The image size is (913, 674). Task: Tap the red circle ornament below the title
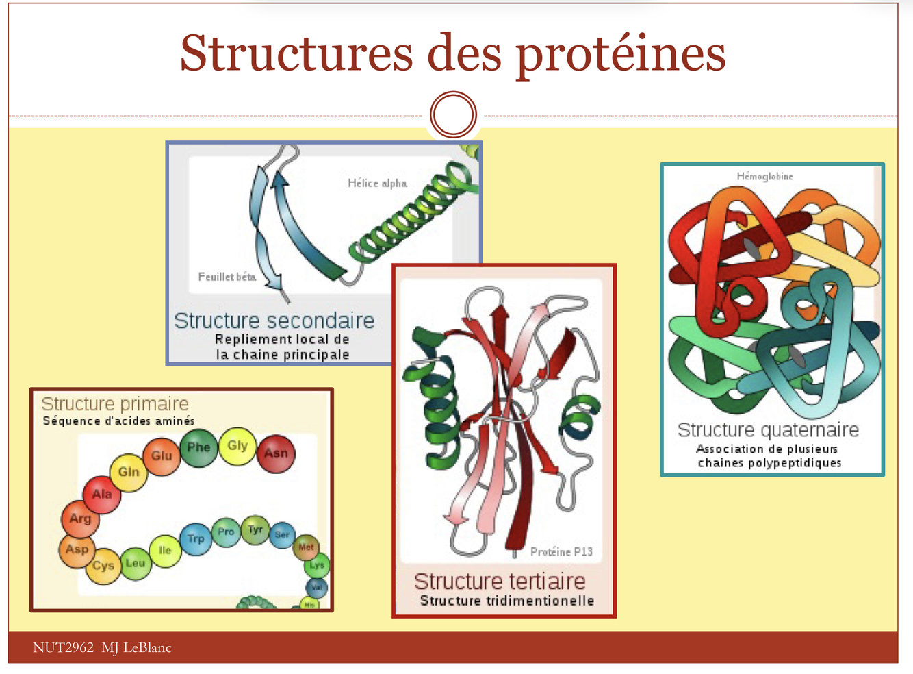click(x=453, y=114)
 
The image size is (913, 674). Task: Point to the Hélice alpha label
click(x=377, y=183)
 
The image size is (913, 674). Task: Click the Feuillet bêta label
click(x=227, y=277)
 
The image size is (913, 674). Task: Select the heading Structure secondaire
click(x=274, y=320)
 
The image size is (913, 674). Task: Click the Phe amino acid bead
click(x=199, y=448)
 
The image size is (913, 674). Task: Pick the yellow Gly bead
click(x=237, y=447)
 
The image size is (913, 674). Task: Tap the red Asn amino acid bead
click(x=277, y=453)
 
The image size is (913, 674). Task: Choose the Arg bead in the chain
click(x=80, y=519)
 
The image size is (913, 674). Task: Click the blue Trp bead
click(x=196, y=538)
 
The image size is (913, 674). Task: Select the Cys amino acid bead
click(x=103, y=566)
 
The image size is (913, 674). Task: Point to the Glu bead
click(x=162, y=456)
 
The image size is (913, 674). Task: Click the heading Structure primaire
click(x=115, y=403)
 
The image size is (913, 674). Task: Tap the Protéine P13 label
click(x=561, y=551)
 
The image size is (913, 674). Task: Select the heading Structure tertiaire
click(x=500, y=581)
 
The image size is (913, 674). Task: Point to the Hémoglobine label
click(x=764, y=176)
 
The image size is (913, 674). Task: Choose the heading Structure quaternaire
click(x=768, y=429)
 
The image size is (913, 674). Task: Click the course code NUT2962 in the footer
click(x=63, y=647)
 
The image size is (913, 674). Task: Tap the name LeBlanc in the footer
click(x=147, y=647)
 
